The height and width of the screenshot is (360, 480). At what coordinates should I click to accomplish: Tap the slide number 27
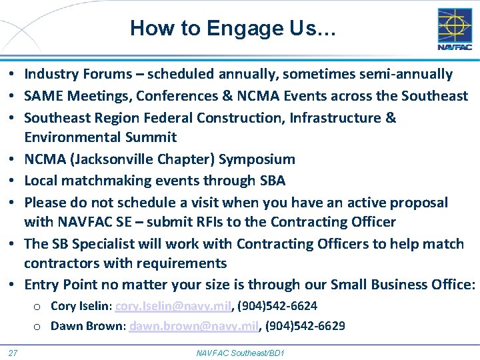click(x=13, y=352)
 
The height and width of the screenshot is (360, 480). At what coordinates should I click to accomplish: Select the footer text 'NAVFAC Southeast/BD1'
click(x=240, y=352)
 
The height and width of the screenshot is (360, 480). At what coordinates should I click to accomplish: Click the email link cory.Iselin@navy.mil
click(x=173, y=306)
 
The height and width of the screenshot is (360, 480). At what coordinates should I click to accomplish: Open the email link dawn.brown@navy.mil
click(x=193, y=326)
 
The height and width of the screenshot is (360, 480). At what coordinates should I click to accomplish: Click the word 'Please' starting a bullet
click(x=45, y=202)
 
